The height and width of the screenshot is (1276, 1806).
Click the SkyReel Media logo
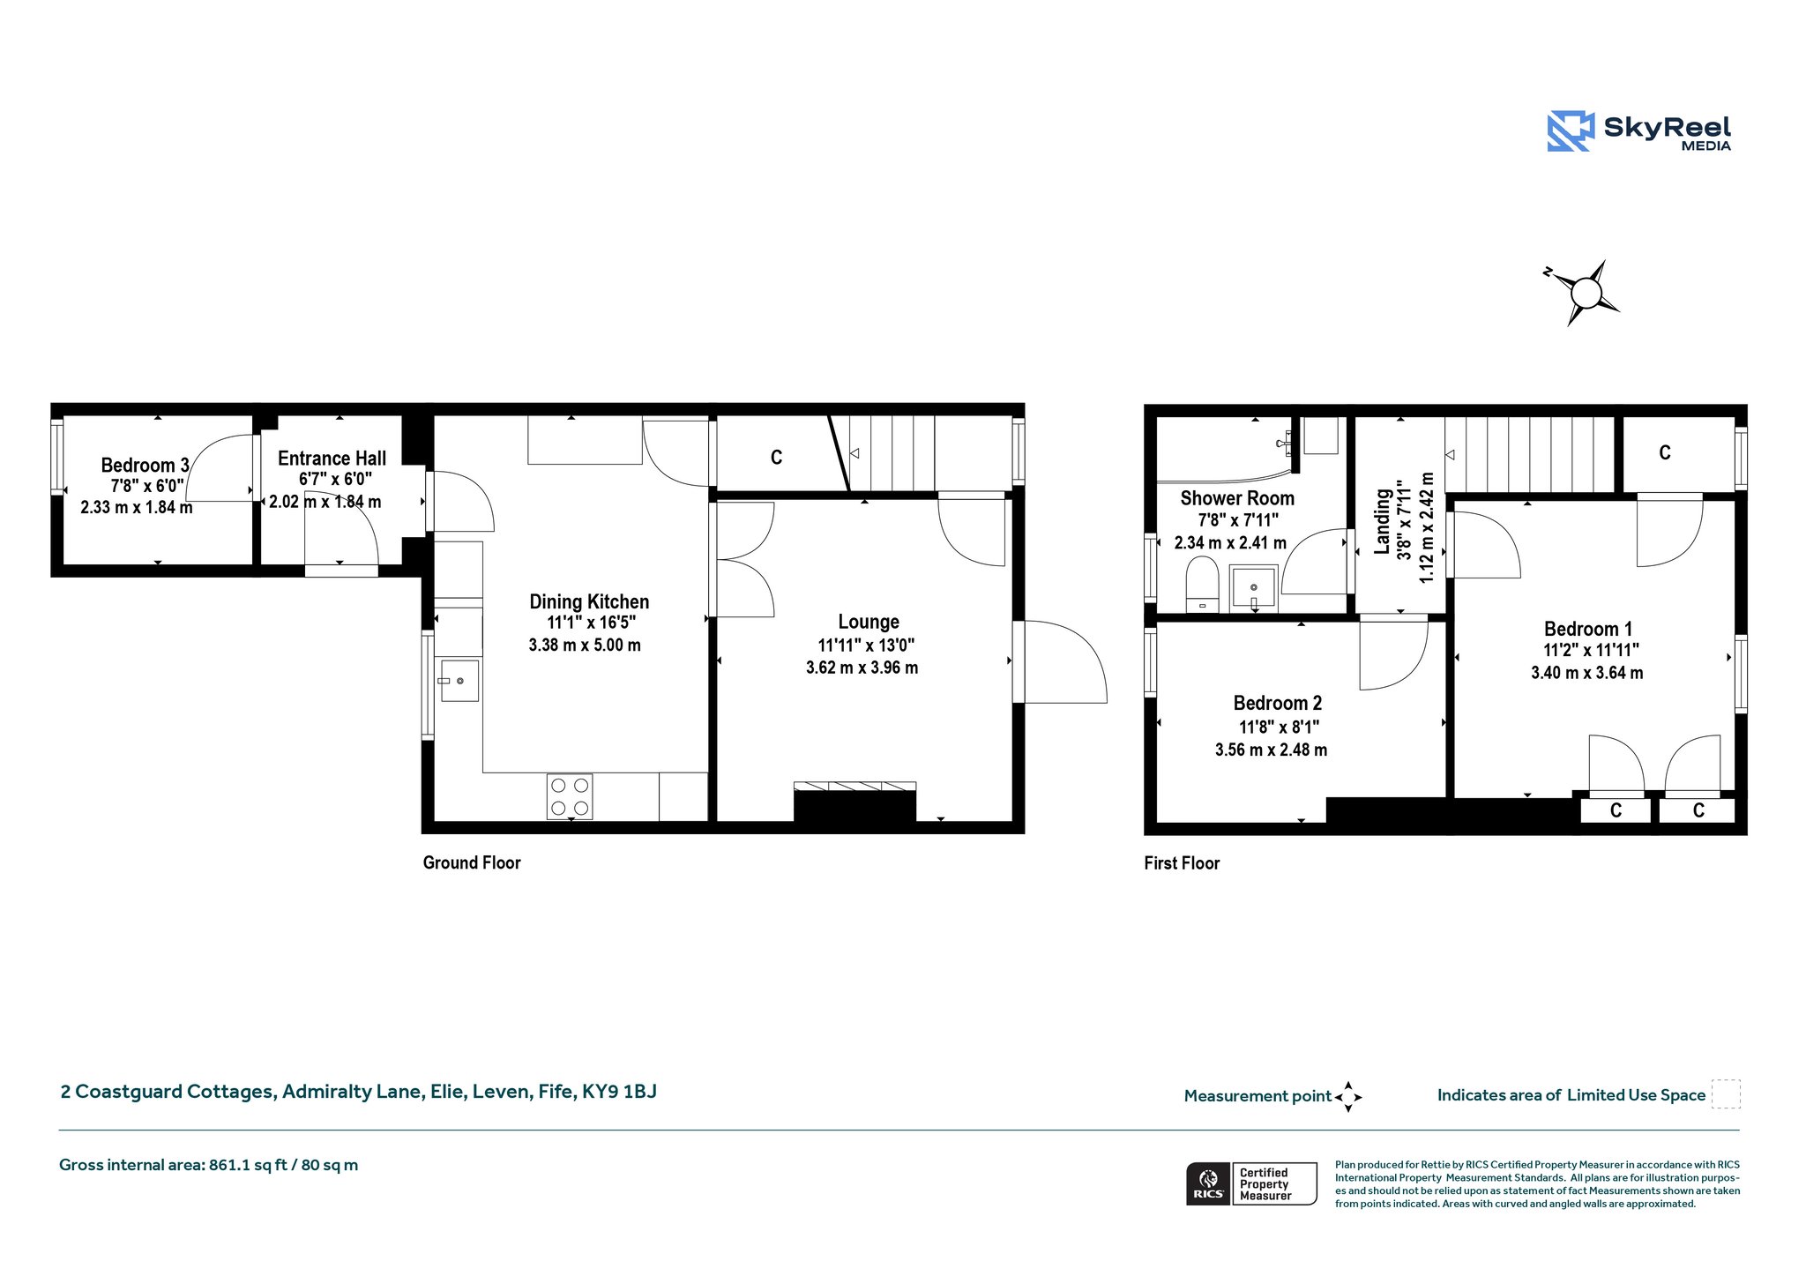point(1638,131)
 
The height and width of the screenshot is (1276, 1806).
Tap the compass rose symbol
point(1585,293)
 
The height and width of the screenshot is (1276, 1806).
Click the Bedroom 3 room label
point(145,465)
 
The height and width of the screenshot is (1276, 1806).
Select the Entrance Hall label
point(332,459)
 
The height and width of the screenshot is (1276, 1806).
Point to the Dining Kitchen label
point(589,601)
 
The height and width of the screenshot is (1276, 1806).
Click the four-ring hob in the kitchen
point(570,796)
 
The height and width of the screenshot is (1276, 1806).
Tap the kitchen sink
point(459,681)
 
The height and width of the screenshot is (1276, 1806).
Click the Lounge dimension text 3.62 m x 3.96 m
point(862,668)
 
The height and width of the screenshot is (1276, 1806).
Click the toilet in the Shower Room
point(1202,584)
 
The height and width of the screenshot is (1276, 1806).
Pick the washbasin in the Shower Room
point(1253,588)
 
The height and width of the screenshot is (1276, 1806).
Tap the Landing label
point(1382,522)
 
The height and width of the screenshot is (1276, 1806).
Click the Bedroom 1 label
point(1587,629)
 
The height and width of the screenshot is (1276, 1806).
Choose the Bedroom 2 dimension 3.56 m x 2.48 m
point(1271,750)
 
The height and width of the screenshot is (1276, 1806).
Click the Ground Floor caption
point(472,862)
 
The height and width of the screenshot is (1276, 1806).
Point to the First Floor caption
point(1182,863)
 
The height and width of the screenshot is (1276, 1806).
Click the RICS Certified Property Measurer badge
point(1251,1183)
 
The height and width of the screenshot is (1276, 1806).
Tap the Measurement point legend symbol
point(1348,1097)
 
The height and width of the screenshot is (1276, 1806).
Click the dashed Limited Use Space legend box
point(1726,1094)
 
